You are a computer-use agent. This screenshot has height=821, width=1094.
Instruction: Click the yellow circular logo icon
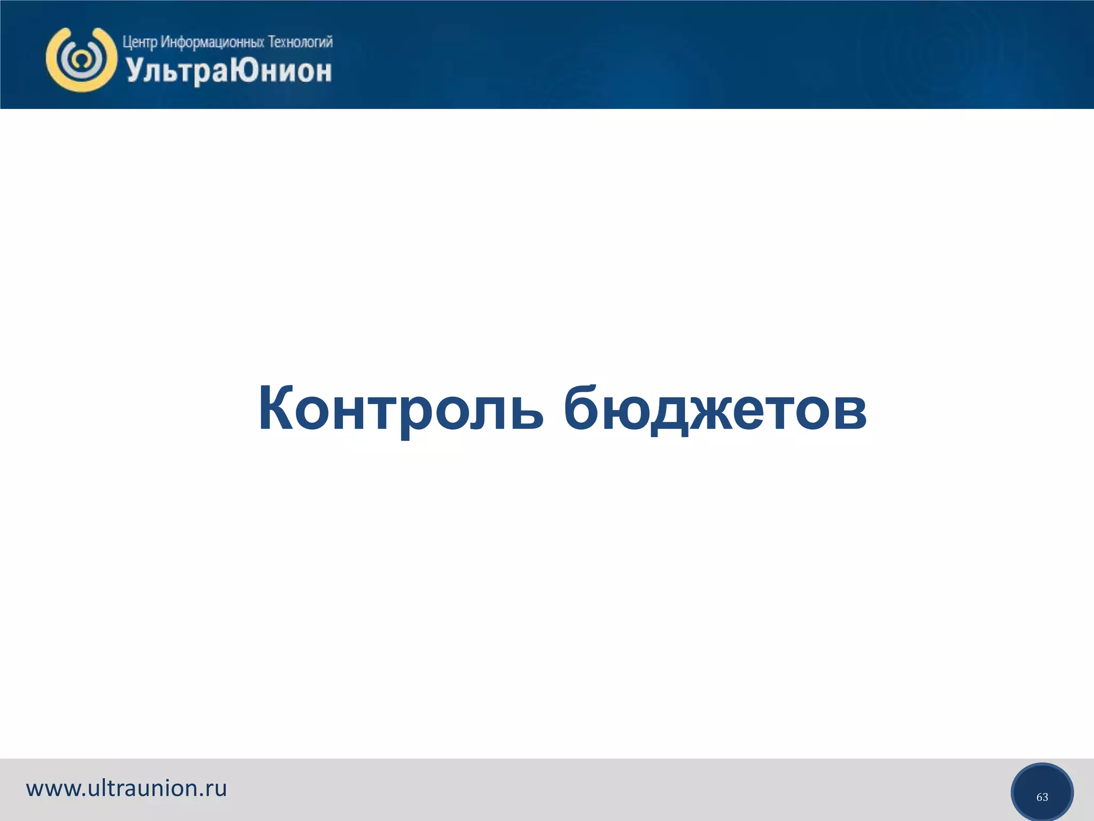pyautogui.click(x=81, y=59)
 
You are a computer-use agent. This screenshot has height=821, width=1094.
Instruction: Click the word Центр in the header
pyautogui.click(x=139, y=42)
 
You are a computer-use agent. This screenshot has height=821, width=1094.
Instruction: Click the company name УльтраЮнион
pyautogui.click(x=229, y=71)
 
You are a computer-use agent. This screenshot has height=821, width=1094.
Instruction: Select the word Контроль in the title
pyautogui.click(x=401, y=408)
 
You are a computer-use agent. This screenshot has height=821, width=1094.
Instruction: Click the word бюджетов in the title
pyautogui.click(x=715, y=408)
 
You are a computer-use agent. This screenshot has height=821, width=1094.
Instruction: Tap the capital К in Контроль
pyautogui.click(x=276, y=408)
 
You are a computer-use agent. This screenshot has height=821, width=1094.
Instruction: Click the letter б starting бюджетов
pyautogui.click(x=581, y=408)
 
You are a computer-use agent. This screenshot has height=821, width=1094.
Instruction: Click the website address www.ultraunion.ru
pyautogui.click(x=127, y=788)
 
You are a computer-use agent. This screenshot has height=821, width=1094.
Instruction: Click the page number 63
pyautogui.click(x=1042, y=797)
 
